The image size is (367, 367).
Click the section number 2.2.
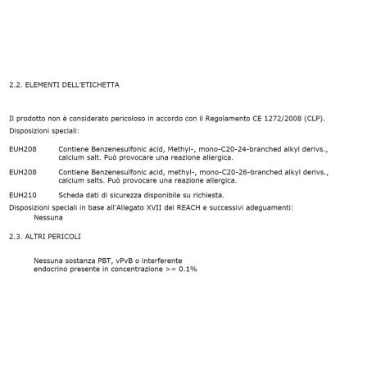point(14,84)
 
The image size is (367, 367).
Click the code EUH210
point(19,195)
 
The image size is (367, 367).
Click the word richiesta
point(208,195)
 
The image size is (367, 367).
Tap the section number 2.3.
point(14,237)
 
